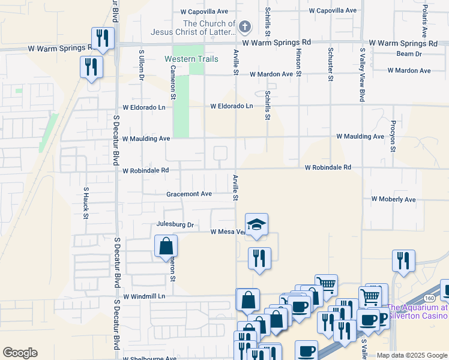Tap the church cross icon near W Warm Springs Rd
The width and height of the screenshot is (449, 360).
[244, 26]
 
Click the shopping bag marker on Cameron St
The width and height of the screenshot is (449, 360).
[166, 247]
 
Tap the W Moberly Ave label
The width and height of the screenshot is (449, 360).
[393, 199]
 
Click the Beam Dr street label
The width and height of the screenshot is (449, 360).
[409, 54]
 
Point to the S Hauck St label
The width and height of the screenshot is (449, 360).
[86, 203]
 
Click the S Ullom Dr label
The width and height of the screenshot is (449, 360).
[142, 65]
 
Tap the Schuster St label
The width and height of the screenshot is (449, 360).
[330, 64]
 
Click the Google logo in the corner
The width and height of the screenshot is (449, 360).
[20, 353]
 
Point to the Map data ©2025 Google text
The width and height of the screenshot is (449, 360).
[411, 355]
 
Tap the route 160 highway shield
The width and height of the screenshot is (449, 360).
[429, 298]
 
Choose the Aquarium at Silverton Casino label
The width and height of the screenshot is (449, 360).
[418, 311]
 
